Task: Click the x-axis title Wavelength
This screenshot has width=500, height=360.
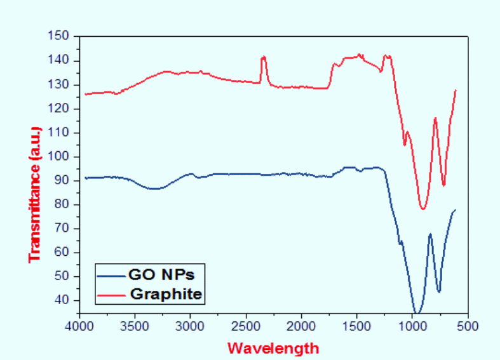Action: (273, 348)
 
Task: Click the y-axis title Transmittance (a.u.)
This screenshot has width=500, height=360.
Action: (35, 194)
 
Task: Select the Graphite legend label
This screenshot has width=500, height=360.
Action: (166, 294)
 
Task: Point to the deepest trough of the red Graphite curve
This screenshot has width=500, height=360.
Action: (422, 208)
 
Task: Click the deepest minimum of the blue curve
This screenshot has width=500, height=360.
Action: (417, 312)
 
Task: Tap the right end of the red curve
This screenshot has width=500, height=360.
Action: (456, 90)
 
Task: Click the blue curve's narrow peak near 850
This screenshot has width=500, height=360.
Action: (430, 234)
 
